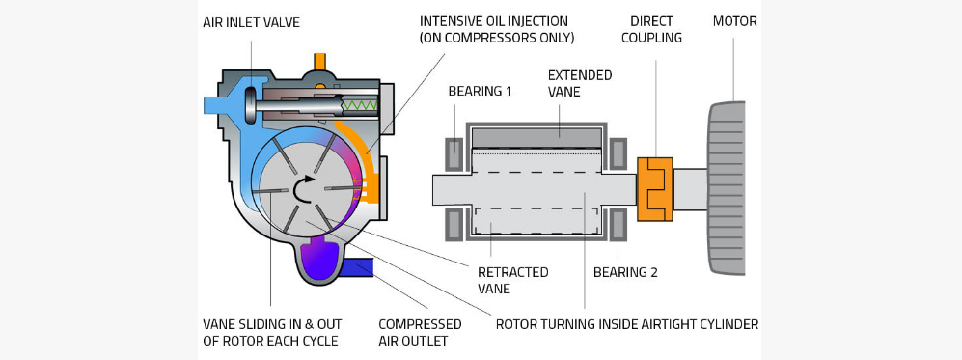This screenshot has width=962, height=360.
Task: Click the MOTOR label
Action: [x=735, y=21]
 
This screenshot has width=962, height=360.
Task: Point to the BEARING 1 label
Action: [x=480, y=91]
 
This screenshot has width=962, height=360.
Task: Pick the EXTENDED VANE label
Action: [x=579, y=83]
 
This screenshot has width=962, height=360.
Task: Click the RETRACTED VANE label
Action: [x=512, y=280]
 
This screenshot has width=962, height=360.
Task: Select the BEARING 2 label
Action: [x=625, y=272]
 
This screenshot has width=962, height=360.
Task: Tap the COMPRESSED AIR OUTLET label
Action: [x=419, y=332]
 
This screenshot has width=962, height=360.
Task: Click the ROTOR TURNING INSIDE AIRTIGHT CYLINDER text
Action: [x=626, y=324]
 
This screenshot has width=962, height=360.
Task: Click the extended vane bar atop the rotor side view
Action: [x=541, y=137]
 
